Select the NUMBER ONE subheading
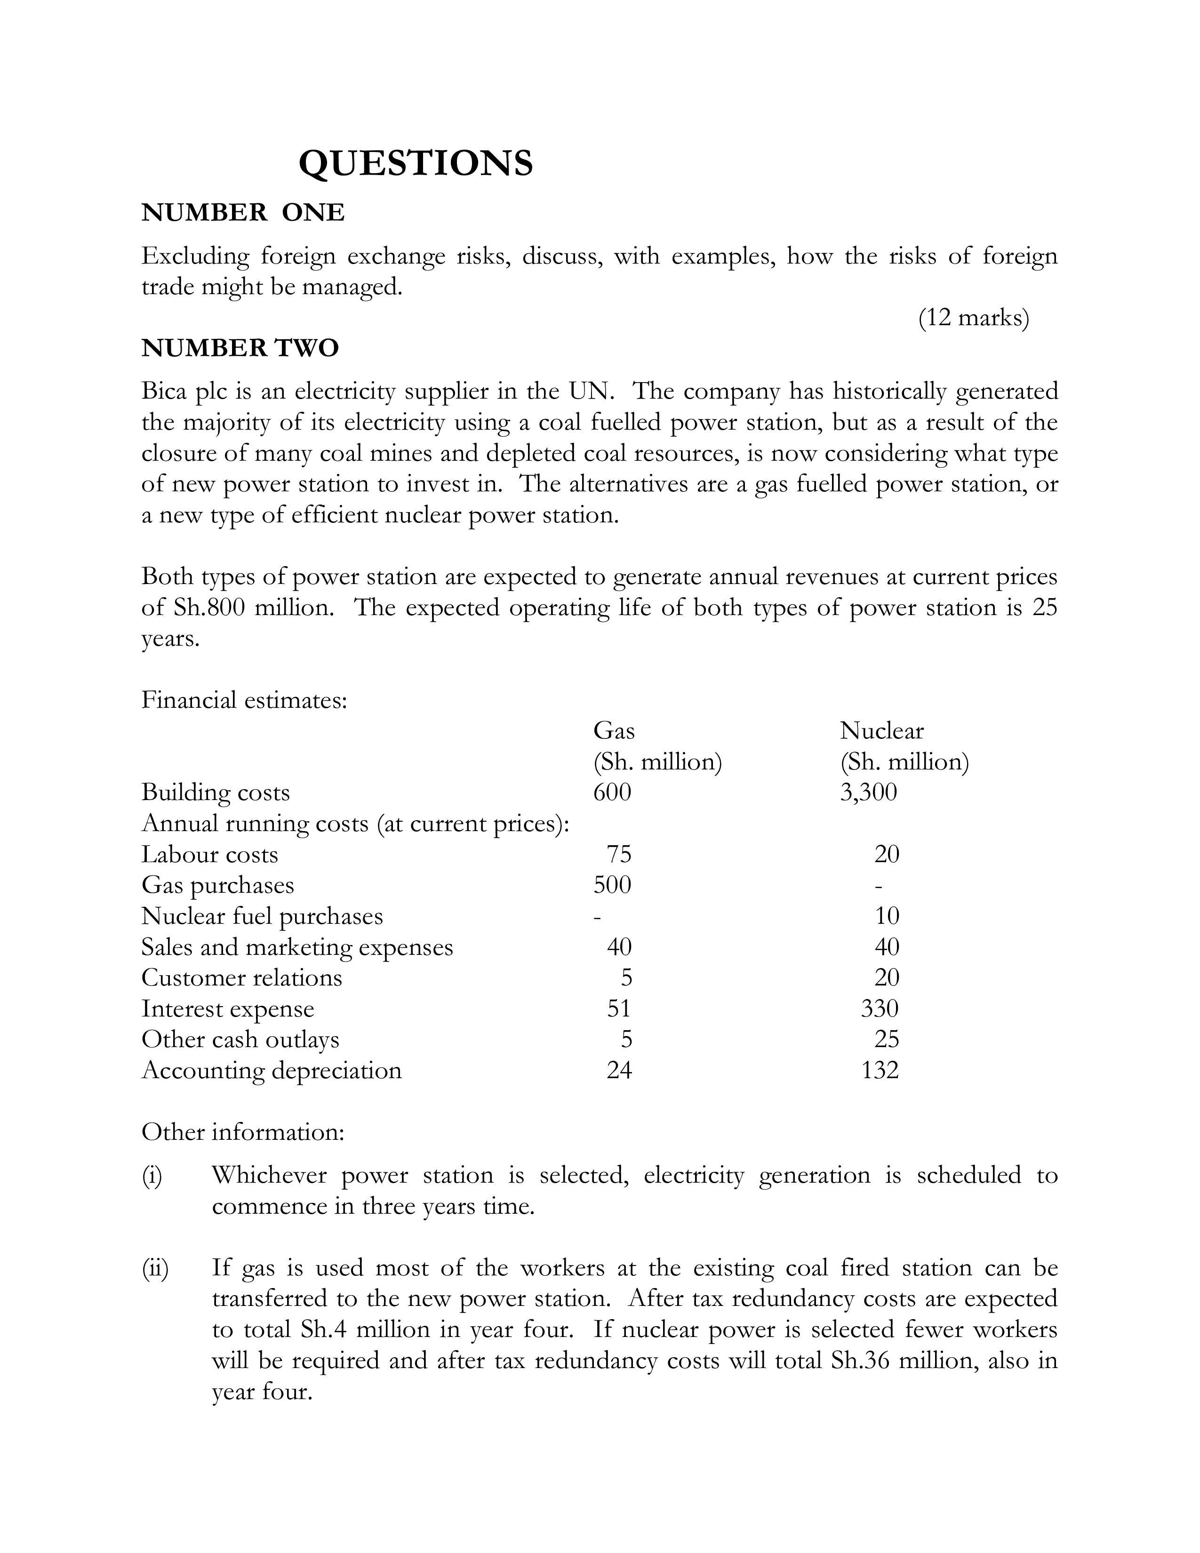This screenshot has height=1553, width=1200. tap(243, 213)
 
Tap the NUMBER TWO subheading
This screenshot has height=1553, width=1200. tap(240, 348)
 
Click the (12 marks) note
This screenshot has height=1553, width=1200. tap(973, 318)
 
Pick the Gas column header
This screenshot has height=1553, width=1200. tap(614, 730)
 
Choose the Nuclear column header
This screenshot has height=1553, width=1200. tap(881, 730)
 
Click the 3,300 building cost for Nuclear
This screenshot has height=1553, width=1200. tap(868, 792)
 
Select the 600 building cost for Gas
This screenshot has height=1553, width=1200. tap(612, 792)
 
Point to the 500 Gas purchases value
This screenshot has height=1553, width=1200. tap(612, 885)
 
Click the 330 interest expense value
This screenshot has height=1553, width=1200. tap(880, 1009)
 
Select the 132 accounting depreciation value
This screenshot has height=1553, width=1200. tap(880, 1070)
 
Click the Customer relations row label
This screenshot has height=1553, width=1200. tap(242, 978)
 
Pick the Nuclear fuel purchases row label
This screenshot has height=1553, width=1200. tap(262, 916)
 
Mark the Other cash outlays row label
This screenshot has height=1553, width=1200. tap(240, 1040)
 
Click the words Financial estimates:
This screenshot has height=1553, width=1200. tap(244, 700)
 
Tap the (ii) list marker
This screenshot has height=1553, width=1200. tap(154, 1268)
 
